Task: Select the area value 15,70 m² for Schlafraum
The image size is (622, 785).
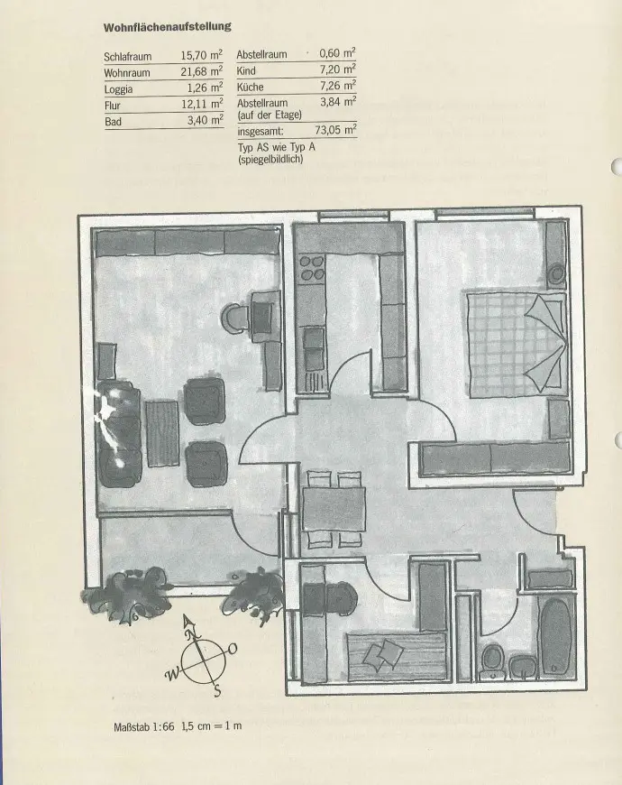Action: pos(202,55)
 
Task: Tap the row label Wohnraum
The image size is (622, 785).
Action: pos(126,72)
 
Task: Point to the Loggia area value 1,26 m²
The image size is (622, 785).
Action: pos(204,88)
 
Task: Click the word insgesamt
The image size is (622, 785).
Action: pos(261,131)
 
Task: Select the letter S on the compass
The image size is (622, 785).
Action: pos(218,691)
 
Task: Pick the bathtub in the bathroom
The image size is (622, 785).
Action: pos(555,635)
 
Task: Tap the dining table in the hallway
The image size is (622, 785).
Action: pos(334,508)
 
